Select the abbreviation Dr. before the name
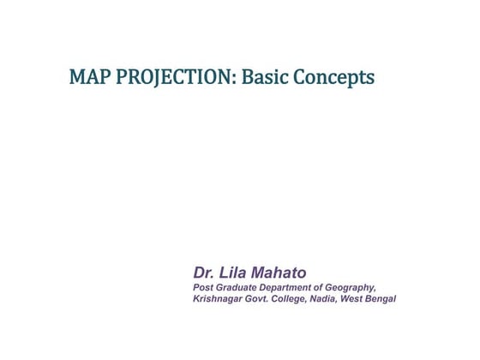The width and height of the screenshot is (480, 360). (x=203, y=273)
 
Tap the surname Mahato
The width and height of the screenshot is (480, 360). (x=278, y=273)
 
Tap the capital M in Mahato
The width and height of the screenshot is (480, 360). (x=257, y=273)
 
